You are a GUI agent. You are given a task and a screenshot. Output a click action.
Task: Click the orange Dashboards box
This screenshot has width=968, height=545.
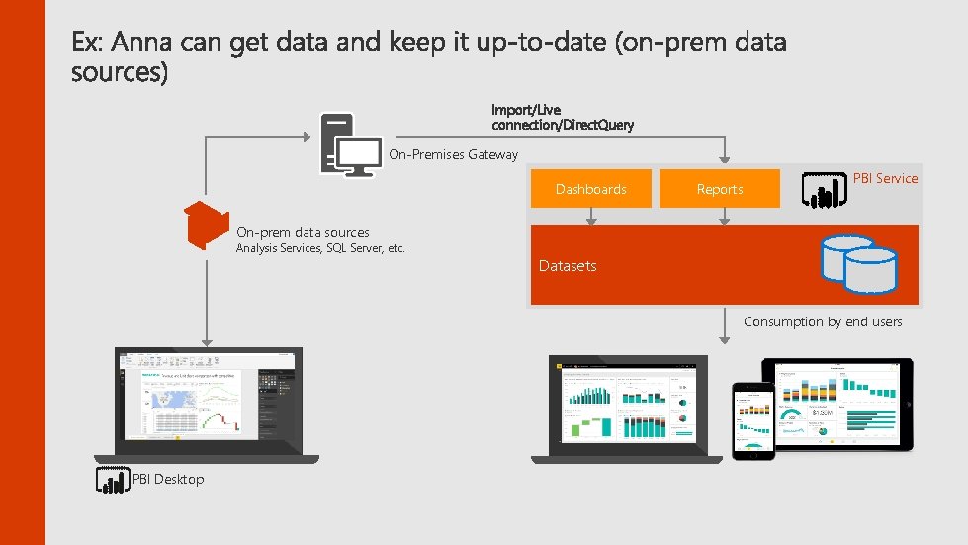(591, 189)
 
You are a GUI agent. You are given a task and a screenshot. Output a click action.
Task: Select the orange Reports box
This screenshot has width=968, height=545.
(720, 189)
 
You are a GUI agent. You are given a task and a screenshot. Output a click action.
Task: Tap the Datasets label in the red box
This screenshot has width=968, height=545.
(568, 266)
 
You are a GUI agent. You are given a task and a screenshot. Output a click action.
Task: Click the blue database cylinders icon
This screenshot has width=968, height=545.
(857, 264)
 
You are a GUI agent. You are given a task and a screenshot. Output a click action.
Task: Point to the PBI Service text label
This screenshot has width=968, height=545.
(885, 178)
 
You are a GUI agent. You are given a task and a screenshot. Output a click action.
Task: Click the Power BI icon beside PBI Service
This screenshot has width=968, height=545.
(823, 189)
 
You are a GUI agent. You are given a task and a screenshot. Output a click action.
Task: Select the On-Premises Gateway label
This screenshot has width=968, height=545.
(453, 154)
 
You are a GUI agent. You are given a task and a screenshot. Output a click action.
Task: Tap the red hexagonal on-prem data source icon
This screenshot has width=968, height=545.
(208, 225)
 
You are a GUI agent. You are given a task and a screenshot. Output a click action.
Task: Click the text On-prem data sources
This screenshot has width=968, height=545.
(303, 232)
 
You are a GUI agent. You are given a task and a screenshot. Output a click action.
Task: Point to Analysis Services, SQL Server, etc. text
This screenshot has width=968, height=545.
(320, 248)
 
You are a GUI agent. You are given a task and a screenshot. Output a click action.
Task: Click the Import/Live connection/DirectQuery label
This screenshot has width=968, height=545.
(562, 117)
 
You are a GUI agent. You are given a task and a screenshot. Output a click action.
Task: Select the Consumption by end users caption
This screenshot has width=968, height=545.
(823, 321)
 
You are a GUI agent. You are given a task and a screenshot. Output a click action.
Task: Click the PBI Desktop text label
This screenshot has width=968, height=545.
(168, 480)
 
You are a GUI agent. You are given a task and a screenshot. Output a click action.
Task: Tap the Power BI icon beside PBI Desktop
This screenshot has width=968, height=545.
(113, 480)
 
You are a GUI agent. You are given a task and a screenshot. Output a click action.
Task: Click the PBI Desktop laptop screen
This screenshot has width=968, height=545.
(208, 396)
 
